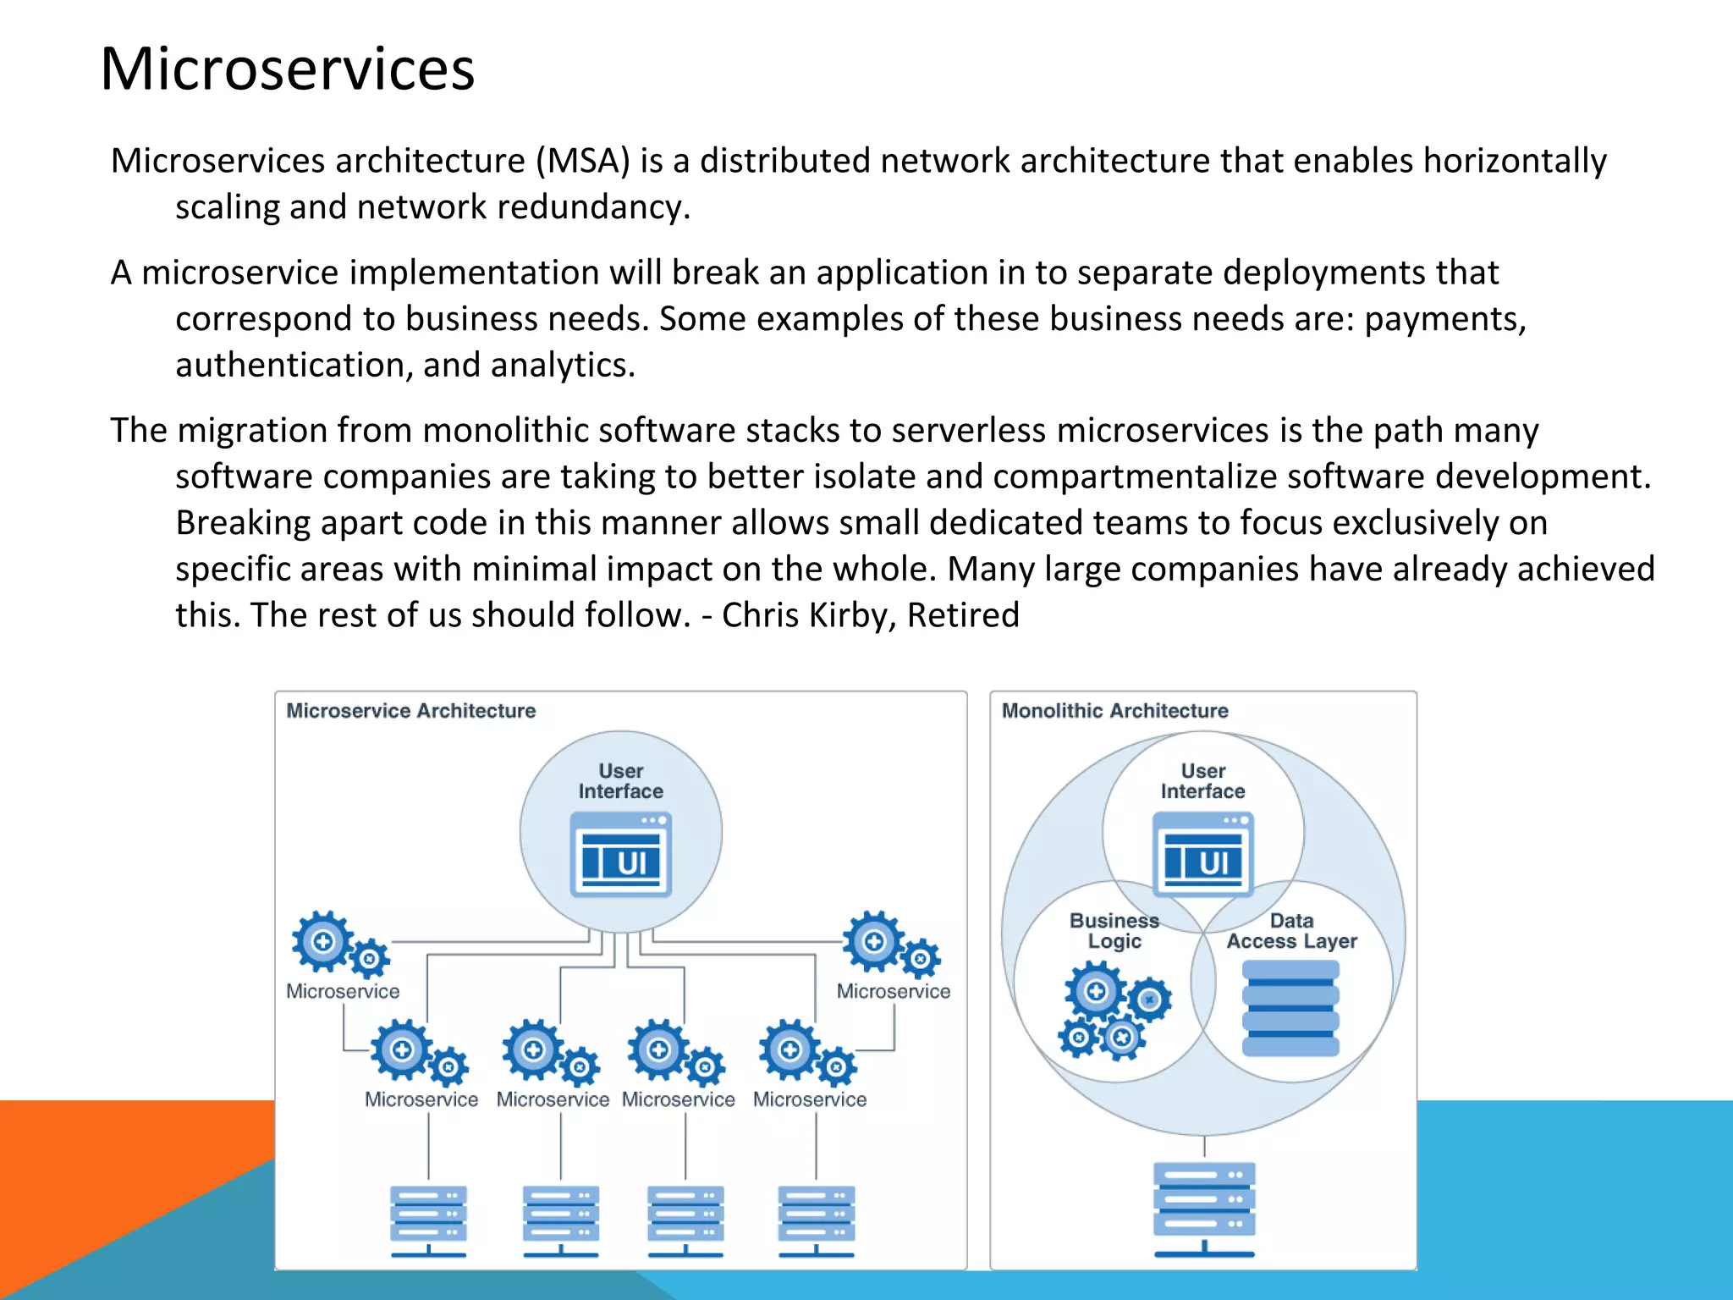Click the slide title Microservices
click(288, 69)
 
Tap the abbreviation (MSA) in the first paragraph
click(582, 161)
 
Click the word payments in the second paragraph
click(1444, 319)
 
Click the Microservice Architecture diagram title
click(411, 711)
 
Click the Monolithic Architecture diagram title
click(1114, 711)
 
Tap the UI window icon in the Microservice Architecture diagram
click(620, 855)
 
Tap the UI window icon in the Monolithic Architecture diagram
click(1202, 855)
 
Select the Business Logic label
click(1114, 931)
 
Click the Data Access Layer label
click(1291, 931)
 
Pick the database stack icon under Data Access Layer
click(1290, 1008)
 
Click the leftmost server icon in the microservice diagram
click(428, 1220)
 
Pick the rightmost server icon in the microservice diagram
click(816, 1220)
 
